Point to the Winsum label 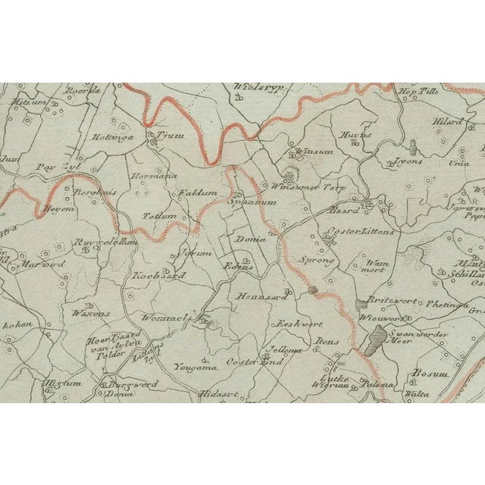click(308, 152)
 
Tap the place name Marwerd click(48, 264)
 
